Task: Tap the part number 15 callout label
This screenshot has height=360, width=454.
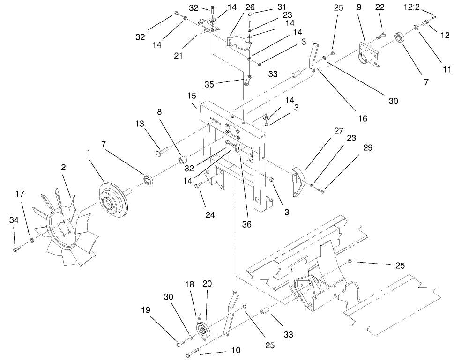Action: click(191, 96)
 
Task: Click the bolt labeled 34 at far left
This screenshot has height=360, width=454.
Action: click(17, 249)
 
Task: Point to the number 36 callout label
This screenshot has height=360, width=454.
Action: click(247, 224)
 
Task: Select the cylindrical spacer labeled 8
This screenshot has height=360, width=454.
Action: click(183, 160)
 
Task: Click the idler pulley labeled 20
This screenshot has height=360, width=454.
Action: click(204, 330)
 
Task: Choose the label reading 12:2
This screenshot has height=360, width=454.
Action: click(411, 7)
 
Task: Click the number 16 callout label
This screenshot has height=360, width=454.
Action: click(363, 118)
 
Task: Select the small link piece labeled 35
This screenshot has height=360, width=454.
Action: click(247, 80)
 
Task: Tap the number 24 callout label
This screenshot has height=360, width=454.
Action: click(210, 215)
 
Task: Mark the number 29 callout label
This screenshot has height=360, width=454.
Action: click(368, 147)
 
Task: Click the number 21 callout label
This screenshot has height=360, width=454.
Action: click(178, 55)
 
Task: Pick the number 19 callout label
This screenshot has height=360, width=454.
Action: click(146, 310)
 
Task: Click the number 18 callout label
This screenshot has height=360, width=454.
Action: click(189, 285)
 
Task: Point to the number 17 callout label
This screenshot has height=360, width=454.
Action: click(20, 194)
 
